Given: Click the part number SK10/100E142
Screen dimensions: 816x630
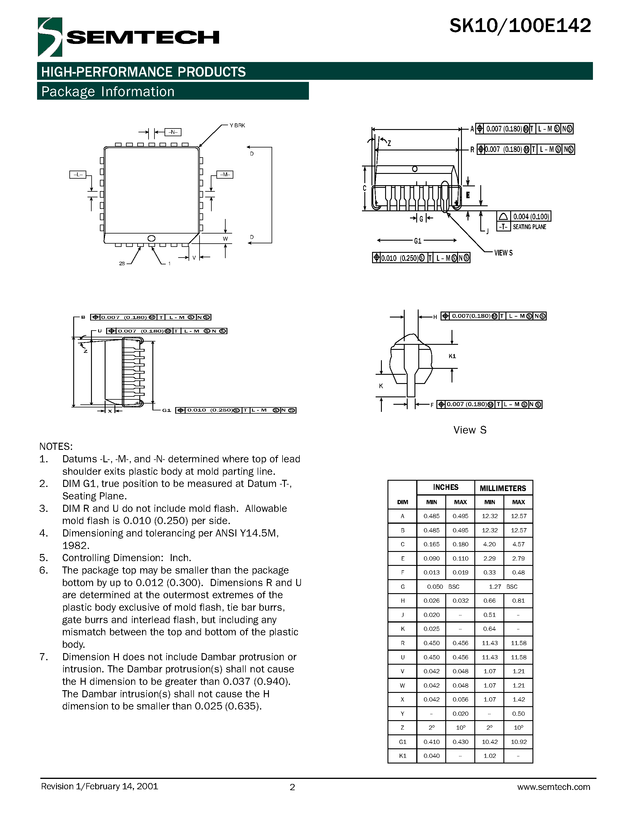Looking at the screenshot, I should tap(520, 26).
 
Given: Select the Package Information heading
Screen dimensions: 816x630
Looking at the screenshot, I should tap(108, 91).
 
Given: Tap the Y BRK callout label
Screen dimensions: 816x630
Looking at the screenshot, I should tap(237, 126).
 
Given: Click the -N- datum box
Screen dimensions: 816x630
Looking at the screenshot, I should tap(173, 132).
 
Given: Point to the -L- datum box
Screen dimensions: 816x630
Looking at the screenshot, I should tap(78, 174).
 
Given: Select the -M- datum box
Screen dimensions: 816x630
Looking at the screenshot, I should tap(225, 174).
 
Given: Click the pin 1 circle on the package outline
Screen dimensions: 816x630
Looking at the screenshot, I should tap(151, 238).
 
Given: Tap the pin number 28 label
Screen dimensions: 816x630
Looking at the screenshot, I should tap(122, 263).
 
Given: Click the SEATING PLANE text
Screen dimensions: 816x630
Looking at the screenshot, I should tap(529, 227).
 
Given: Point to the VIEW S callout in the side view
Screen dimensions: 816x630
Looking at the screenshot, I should tap(503, 253).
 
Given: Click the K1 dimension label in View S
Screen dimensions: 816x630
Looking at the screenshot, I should tap(452, 356).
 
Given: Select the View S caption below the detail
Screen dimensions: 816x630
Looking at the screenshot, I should tap(470, 430).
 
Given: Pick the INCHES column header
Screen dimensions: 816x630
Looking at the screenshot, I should tap(446, 487).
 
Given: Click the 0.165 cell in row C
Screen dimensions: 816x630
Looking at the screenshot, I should tap(431, 544).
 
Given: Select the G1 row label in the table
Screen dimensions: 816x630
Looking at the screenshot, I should tap(402, 742).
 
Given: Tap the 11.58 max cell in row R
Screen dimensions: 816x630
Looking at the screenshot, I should tap(519, 643).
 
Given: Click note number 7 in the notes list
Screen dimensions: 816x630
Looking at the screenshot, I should tap(44, 657).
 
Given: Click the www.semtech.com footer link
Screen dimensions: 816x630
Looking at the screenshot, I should tap(554, 787).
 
